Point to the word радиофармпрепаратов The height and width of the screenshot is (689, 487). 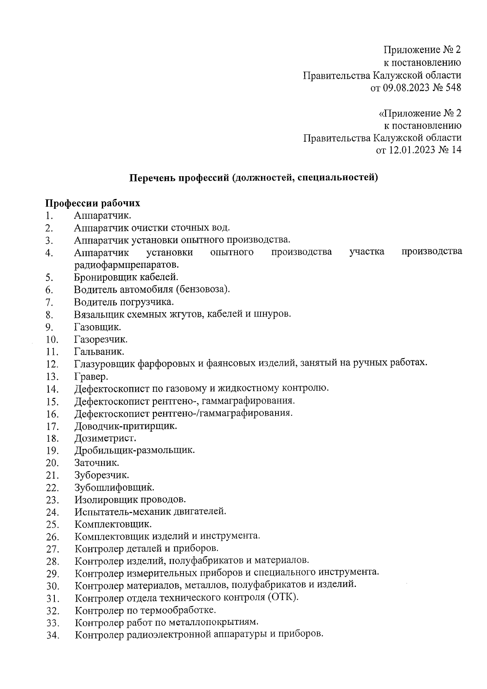[x=126, y=265]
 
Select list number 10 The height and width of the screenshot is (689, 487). [x=53, y=339]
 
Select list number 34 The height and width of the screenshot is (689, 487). [x=53, y=636]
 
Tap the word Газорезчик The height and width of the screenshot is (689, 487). [x=101, y=339]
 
